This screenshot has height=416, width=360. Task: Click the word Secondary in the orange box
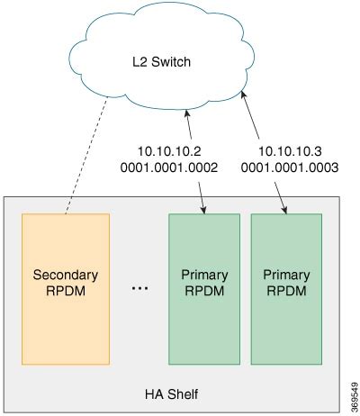(65, 275)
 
